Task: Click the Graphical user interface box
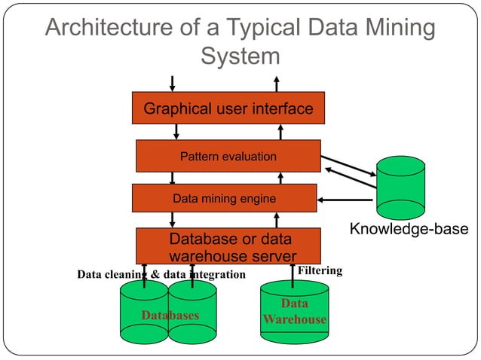click(228, 108)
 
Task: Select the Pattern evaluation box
click(228, 157)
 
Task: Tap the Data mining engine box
click(224, 199)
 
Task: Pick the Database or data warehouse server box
click(228, 246)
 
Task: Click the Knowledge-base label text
click(408, 229)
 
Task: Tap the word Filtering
click(320, 270)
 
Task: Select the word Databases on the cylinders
click(170, 315)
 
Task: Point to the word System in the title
click(240, 56)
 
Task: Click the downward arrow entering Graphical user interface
click(173, 83)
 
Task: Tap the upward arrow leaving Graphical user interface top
click(277, 83)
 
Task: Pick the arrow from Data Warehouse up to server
click(293, 275)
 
